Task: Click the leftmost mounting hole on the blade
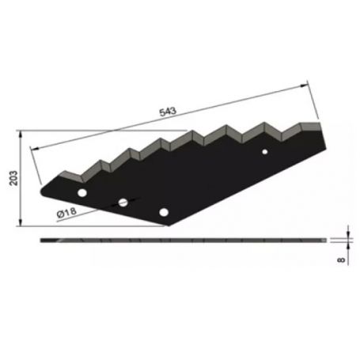pyautogui.click(x=81, y=193)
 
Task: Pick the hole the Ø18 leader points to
pyautogui.click(x=123, y=203)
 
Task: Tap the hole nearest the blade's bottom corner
pyautogui.click(x=164, y=211)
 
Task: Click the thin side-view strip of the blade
pyautogui.click(x=182, y=240)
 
